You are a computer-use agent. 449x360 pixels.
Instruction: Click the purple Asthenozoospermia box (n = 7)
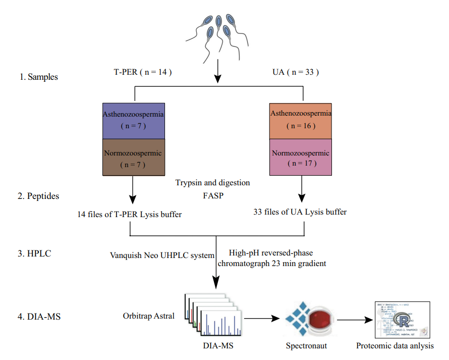point(134,120)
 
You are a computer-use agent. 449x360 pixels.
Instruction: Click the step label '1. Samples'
point(38,77)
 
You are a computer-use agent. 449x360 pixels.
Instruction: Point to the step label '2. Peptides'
point(39,196)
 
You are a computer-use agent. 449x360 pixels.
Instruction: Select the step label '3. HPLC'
point(35,254)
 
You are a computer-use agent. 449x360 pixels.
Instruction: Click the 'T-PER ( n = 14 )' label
point(143,72)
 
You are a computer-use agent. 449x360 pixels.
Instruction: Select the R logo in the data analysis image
point(404,321)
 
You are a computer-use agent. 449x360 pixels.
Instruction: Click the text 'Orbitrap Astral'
point(148,316)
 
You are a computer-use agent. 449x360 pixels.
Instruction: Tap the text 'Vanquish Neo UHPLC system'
point(162,255)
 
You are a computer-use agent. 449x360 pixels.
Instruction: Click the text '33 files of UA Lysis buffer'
point(300,212)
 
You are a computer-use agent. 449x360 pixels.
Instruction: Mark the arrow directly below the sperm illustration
point(217,71)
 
